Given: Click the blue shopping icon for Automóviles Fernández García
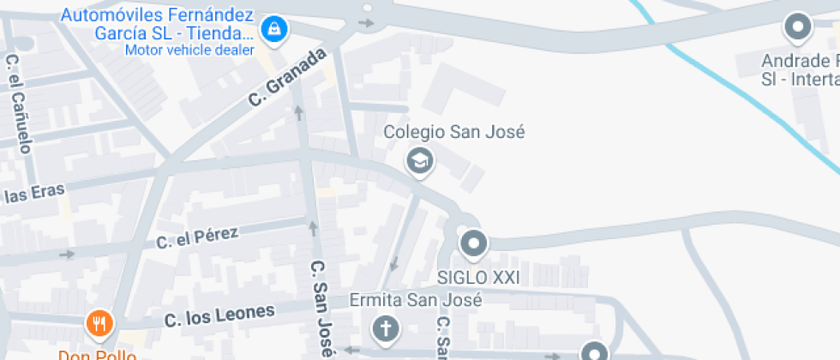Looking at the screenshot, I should tap(273, 30).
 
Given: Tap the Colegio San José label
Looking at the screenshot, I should tap(453, 132).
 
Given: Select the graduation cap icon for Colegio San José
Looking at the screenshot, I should tap(419, 160).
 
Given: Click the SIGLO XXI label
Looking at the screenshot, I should tap(478, 278).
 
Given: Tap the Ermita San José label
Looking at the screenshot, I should tap(416, 301).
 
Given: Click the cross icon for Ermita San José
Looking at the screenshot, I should tap(385, 327).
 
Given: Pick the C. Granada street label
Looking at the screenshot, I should tap(288, 77).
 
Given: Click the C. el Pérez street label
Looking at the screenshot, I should tap(197, 237).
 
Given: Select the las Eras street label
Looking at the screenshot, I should tap(34, 194).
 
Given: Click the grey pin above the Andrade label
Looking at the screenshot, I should tap(799, 27).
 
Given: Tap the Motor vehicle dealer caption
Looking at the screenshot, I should tap(189, 49).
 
